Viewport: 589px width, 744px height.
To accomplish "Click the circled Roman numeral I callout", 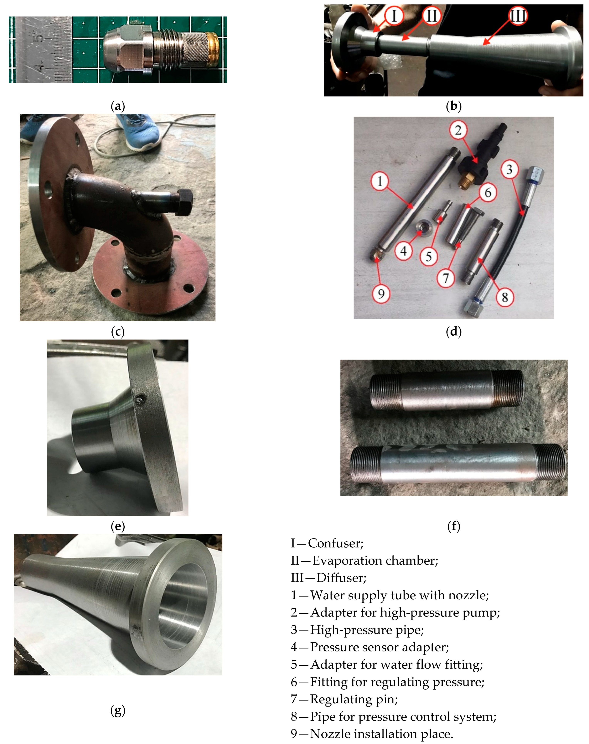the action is pos(394,16).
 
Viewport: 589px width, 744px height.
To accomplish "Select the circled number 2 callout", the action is pos(458,130).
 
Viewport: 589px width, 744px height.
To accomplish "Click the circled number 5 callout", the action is pos(429,256).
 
